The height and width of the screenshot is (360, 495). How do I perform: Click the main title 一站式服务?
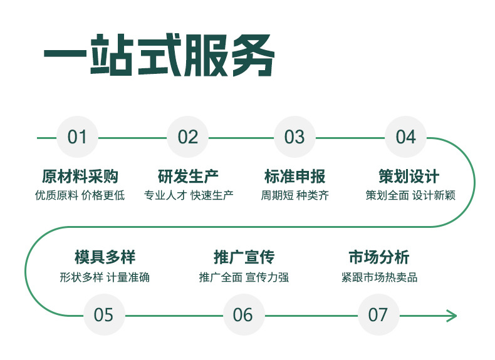(x=159, y=55)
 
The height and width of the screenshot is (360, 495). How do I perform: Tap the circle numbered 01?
(x=77, y=137)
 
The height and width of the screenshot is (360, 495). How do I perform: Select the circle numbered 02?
(x=187, y=137)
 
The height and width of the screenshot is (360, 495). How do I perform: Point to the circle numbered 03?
(x=294, y=137)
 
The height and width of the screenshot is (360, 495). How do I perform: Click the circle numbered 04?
(x=405, y=137)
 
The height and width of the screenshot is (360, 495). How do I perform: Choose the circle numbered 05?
(x=104, y=314)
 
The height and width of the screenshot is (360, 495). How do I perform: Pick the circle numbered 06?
(x=243, y=314)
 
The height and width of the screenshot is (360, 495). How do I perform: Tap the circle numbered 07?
(x=378, y=314)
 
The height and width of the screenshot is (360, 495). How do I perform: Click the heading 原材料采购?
(x=80, y=177)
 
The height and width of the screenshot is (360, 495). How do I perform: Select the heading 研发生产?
(x=188, y=177)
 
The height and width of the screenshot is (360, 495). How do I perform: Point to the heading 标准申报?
(x=295, y=177)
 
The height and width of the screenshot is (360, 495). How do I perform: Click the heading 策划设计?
(x=409, y=177)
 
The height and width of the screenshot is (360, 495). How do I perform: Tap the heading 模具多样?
(x=105, y=257)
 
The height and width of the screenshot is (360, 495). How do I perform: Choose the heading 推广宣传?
(x=244, y=257)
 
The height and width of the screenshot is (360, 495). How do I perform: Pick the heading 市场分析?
(x=379, y=257)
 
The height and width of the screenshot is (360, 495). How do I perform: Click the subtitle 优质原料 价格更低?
(x=80, y=195)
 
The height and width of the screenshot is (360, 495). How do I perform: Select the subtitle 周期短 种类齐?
(x=295, y=195)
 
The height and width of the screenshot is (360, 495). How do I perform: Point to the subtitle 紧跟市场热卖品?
(x=379, y=277)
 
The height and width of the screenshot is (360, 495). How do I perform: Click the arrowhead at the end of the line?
(x=452, y=316)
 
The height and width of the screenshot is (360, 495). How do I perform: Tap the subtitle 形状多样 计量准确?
(x=105, y=277)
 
